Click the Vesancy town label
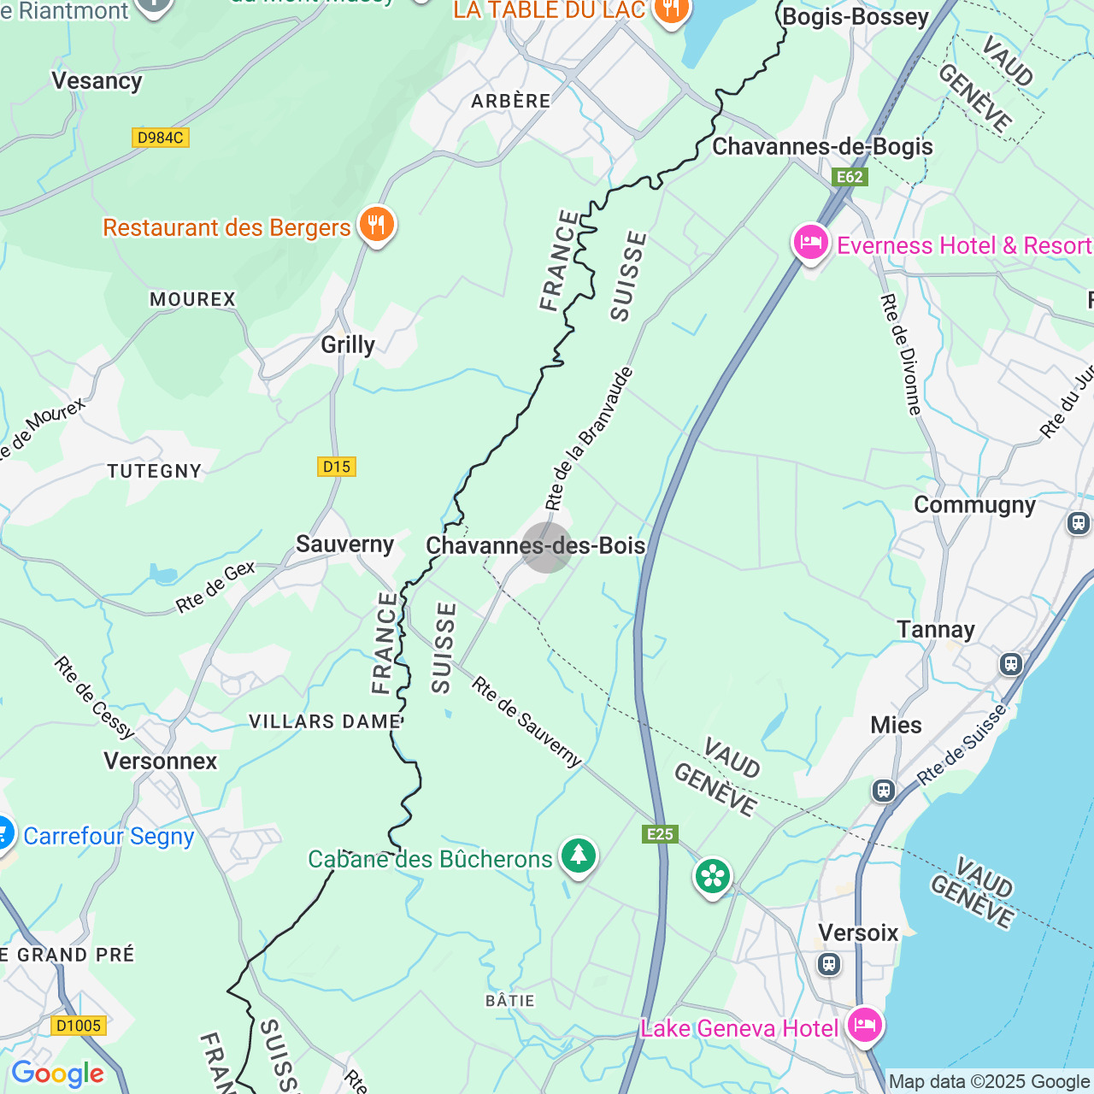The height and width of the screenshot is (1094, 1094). pyautogui.click(x=97, y=81)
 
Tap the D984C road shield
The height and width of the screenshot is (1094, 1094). pyautogui.click(x=161, y=138)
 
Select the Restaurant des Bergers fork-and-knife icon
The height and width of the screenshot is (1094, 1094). pyautogui.click(x=376, y=226)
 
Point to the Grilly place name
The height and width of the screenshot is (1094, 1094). pyautogui.click(x=348, y=344)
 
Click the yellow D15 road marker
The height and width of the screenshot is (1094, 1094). pyautogui.click(x=337, y=467)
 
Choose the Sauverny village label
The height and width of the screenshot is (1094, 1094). pyautogui.click(x=344, y=544)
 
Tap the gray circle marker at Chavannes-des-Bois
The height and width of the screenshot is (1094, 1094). pyautogui.click(x=546, y=547)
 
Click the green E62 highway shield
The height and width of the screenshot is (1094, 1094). pyautogui.click(x=850, y=177)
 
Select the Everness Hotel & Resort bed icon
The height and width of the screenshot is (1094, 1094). pyautogui.click(x=810, y=244)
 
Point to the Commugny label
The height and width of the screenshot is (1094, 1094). pyautogui.click(x=974, y=505)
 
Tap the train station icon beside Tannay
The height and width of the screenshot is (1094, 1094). pyautogui.click(x=1011, y=663)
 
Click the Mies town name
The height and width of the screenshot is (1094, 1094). pyautogui.click(x=896, y=725)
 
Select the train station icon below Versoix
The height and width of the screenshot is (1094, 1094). pyautogui.click(x=828, y=964)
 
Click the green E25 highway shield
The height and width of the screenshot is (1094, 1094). pyautogui.click(x=660, y=834)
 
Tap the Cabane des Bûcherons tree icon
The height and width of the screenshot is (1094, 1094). pyautogui.click(x=579, y=856)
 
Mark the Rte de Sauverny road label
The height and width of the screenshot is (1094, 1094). pyautogui.click(x=526, y=722)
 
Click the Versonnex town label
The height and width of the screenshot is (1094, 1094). pyautogui.click(x=161, y=761)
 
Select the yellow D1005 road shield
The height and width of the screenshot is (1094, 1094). pyautogui.click(x=79, y=1026)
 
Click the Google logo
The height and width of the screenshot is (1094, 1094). pyautogui.click(x=57, y=1073)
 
